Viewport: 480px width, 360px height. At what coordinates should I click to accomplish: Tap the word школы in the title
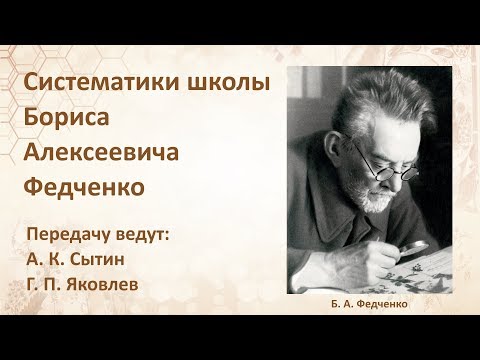pos(234,87)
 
